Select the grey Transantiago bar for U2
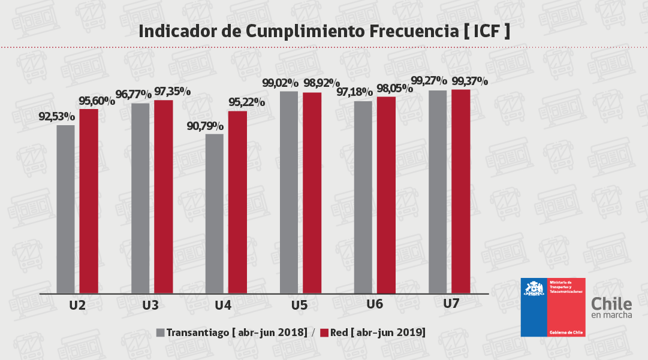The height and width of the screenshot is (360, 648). pyautogui.click(x=66, y=210)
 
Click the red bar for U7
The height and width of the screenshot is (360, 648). pyautogui.click(x=461, y=192)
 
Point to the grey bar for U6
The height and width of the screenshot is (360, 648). pyautogui.click(x=363, y=197)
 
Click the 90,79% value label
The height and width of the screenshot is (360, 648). pyautogui.click(x=206, y=126)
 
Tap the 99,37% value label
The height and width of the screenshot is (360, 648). pyautogui.click(x=470, y=81)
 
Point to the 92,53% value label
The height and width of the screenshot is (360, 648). pyautogui.click(x=57, y=117)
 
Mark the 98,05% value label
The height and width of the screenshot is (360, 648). pyautogui.click(x=394, y=89)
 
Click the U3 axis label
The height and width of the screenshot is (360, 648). pyautogui.click(x=150, y=305)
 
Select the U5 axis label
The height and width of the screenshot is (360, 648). pyautogui.click(x=300, y=305)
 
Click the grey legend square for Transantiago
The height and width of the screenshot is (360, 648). pyautogui.click(x=160, y=332)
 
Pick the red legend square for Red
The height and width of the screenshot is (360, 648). pyautogui.click(x=325, y=332)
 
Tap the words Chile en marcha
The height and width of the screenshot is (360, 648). pyautogui.click(x=611, y=308)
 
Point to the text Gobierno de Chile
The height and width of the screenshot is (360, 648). pyautogui.click(x=566, y=331)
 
